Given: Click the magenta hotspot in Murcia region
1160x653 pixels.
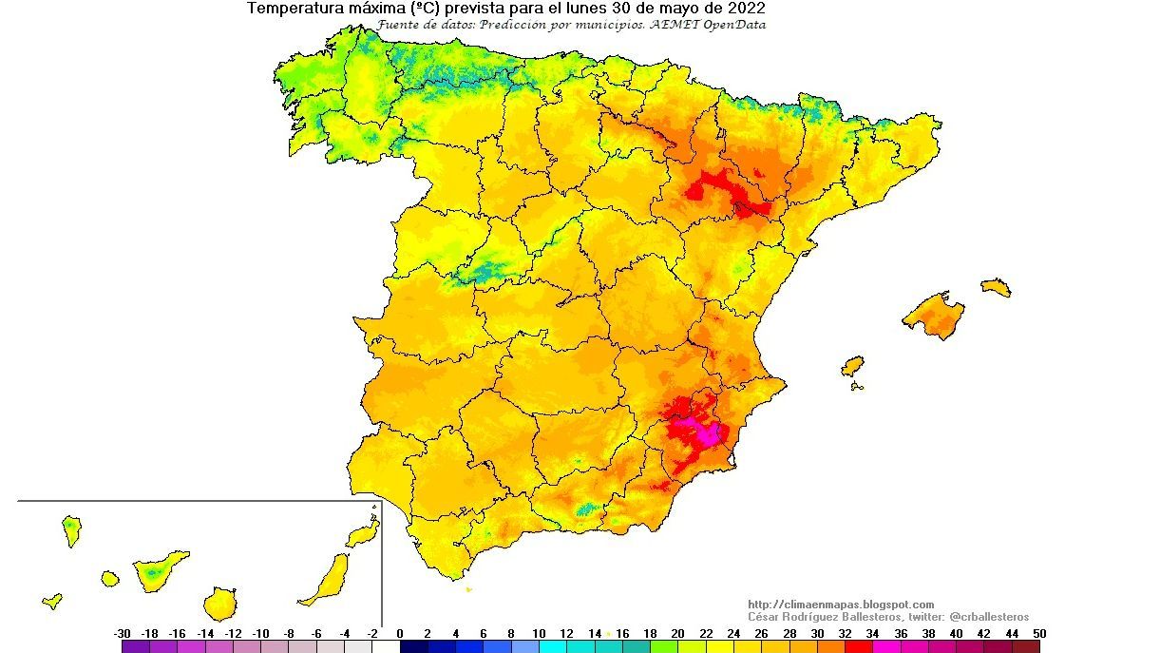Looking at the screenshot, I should click(x=706, y=433).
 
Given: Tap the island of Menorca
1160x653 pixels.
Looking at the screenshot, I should click(x=996, y=286).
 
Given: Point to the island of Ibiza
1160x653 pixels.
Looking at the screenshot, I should click(x=852, y=366).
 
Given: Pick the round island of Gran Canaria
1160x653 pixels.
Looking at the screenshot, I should click(x=219, y=604).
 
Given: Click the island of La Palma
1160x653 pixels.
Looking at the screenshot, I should click(x=71, y=529).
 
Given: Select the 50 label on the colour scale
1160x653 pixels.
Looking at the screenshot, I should click(x=1040, y=634).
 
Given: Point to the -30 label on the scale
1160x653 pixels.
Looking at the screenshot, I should click(x=122, y=634).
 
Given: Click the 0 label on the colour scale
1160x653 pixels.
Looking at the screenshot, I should click(x=400, y=634).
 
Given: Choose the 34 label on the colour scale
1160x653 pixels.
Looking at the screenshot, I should click(x=872, y=634).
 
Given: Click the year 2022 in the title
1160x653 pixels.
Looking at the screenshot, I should click(x=747, y=9).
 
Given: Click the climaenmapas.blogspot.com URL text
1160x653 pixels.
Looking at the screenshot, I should click(x=841, y=605).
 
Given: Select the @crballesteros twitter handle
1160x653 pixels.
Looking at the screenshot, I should click(x=989, y=617).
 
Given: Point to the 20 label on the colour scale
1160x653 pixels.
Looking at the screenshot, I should click(x=677, y=634).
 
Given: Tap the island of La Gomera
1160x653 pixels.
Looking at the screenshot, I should click(x=110, y=578).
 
